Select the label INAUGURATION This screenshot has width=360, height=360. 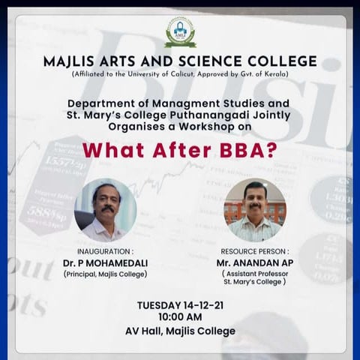(x=105, y=250)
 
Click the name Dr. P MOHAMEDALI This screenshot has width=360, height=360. (x=106, y=262)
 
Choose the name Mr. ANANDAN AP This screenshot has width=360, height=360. (x=254, y=264)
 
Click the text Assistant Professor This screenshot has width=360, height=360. (x=254, y=274)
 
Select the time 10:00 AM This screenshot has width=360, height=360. (x=180, y=317)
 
